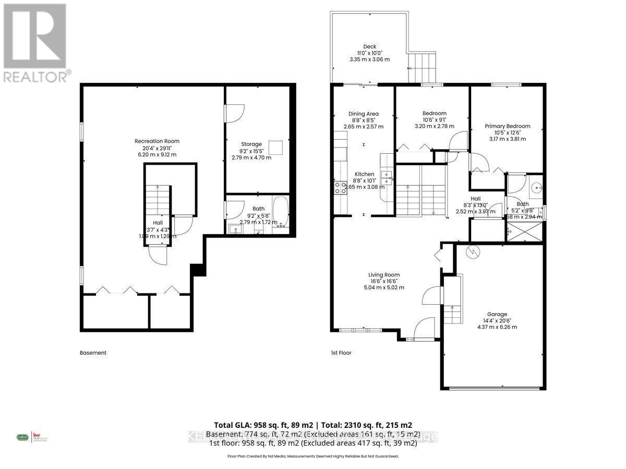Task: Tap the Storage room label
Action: click(251, 144)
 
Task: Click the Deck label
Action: click(369, 46)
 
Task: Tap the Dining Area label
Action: click(363, 114)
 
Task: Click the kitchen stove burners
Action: click(340, 188)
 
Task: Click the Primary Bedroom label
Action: click(507, 126)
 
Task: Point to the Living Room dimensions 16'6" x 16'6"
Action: click(384, 281)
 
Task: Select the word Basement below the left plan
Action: click(93, 353)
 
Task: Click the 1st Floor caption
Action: click(341, 353)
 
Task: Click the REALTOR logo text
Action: click(35, 77)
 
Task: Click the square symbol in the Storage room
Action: click(276, 147)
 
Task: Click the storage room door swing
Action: click(234, 111)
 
